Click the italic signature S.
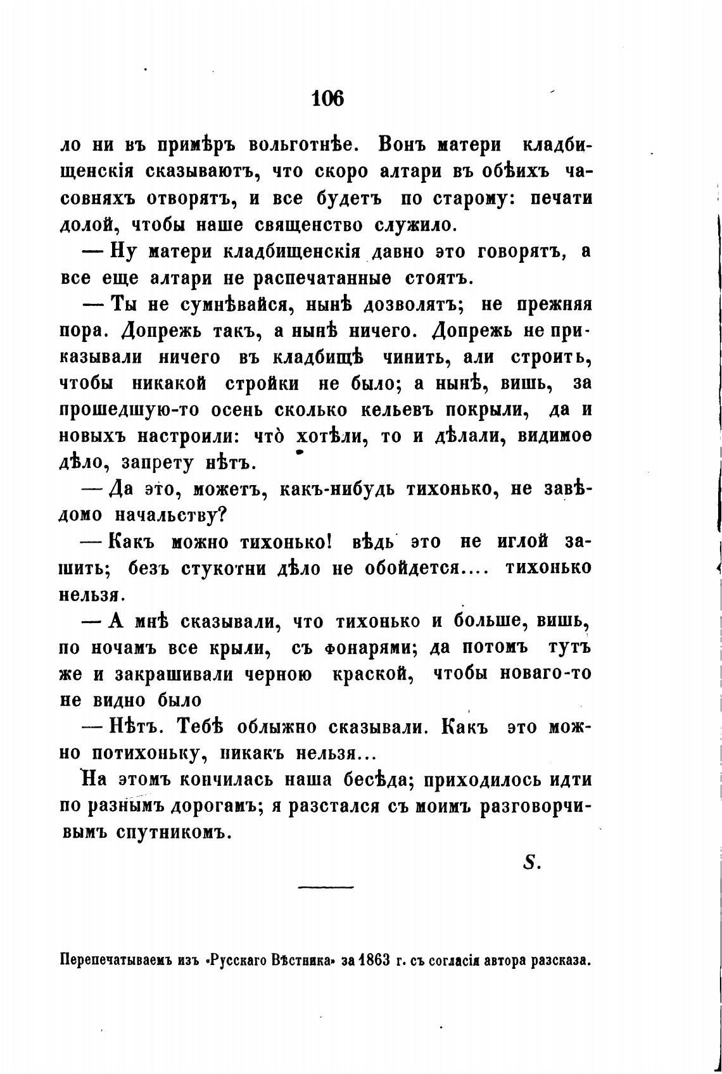(529, 862)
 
